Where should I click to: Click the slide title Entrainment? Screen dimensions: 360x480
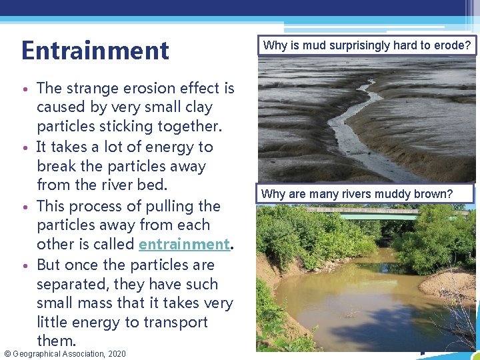tap(95, 51)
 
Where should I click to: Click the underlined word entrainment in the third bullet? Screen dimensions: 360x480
tap(184, 245)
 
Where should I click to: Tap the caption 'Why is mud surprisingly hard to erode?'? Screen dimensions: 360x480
tap(367, 46)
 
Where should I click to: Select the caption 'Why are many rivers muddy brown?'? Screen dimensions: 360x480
tap(357, 194)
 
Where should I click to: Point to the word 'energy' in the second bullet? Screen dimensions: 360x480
tap(164, 147)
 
